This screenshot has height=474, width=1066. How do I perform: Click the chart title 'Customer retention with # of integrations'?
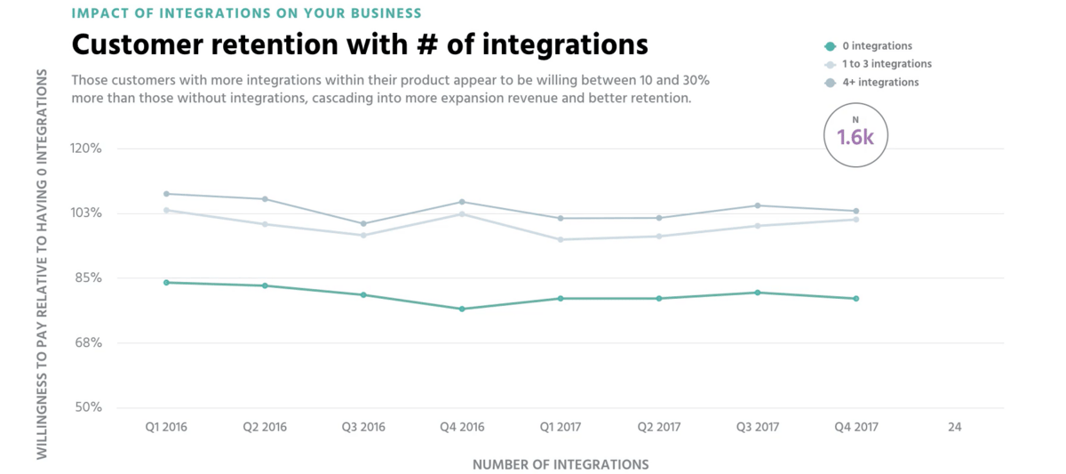(x=359, y=44)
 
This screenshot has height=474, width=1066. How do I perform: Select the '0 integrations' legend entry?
(x=878, y=46)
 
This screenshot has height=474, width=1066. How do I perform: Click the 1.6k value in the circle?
(x=855, y=137)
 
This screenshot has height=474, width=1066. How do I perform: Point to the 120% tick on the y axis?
(x=86, y=149)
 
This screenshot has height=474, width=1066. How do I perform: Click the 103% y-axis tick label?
(x=86, y=213)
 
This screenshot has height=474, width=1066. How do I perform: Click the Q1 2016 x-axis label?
(x=166, y=428)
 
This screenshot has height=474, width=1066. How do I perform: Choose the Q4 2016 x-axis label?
(x=462, y=428)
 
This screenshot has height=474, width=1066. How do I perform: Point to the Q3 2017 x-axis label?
(x=758, y=428)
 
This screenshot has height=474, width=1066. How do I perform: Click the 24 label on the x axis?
(x=954, y=428)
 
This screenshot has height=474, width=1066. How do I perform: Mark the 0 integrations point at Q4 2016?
(x=462, y=309)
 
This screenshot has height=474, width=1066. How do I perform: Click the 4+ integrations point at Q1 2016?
(x=166, y=194)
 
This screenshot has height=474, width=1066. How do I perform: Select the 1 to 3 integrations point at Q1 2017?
(x=561, y=239)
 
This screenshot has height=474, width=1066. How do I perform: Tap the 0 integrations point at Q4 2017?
(x=856, y=299)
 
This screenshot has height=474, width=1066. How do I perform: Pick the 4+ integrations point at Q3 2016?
(x=363, y=223)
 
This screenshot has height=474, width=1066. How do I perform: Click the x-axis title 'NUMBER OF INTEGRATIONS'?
(x=560, y=464)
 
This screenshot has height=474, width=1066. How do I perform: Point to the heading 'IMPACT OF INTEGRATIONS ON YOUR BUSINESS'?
(x=246, y=13)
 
